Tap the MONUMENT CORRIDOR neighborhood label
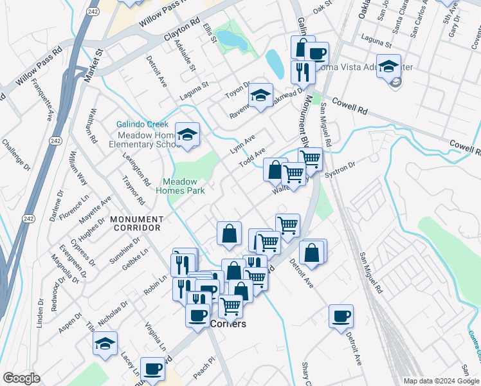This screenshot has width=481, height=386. pos(137,224)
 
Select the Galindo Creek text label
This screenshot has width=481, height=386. pos(142,124)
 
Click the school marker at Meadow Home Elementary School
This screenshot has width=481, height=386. pos(187,134)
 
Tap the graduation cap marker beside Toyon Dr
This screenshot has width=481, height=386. pos(260,96)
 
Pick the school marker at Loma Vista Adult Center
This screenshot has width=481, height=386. pos(388,66)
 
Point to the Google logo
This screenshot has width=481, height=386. pos(21,378)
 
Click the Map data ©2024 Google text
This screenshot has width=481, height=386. pos(440,381)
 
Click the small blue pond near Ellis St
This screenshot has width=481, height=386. pos(233,42)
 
